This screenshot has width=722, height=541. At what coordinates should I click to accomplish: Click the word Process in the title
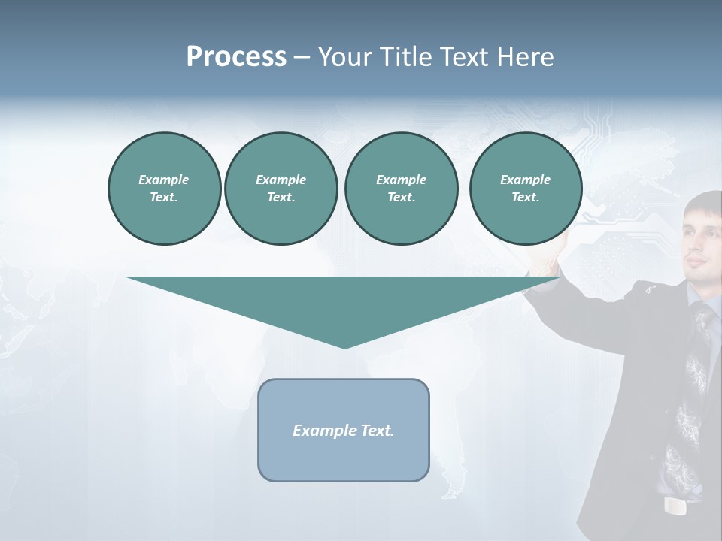coord(236,57)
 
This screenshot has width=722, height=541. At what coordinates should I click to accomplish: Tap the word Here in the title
coord(524,57)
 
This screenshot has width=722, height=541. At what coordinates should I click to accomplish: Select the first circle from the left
coord(164,189)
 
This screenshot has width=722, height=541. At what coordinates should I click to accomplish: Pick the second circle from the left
coord(281,189)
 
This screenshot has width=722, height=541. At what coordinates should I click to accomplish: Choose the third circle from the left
coord(401,189)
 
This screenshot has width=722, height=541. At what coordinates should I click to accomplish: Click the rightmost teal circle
coord(525,189)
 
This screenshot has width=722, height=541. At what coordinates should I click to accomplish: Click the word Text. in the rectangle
coord(378,431)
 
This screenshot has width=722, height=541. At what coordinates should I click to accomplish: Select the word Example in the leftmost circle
coord(164,180)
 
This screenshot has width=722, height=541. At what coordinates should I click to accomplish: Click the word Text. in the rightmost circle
coord(525,198)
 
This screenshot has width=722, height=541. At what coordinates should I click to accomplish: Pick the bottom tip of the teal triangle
coord(344,347)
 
